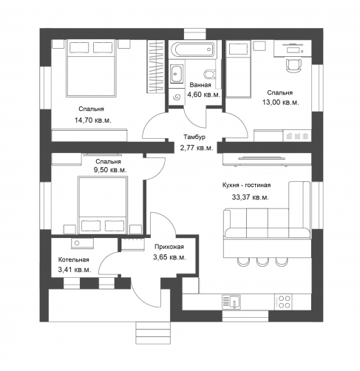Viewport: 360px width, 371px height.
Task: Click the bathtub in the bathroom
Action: (x=192, y=50)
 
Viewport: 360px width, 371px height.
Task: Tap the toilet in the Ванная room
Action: (x=209, y=74)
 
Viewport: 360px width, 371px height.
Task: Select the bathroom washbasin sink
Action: (x=176, y=73)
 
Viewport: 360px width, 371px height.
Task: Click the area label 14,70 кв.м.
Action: (x=93, y=120)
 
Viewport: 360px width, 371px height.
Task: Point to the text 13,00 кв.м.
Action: (x=280, y=102)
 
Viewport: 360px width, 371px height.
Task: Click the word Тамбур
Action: (x=194, y=137)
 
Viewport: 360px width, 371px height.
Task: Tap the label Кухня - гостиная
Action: (x=246, y=185)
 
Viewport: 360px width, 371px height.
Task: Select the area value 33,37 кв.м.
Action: (x=250, y=197)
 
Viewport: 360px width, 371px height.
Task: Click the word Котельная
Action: (x=73, y=259)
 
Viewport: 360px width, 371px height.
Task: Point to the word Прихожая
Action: (x=169, y=247)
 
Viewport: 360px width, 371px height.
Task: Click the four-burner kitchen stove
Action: (x=283, y=302)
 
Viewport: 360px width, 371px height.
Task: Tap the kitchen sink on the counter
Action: (x=231, y=302)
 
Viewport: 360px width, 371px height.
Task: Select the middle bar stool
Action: (x=262, y=262)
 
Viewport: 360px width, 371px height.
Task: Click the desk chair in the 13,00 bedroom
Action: (x=293, y=65)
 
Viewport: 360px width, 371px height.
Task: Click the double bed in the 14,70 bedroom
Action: (x=91, y=68)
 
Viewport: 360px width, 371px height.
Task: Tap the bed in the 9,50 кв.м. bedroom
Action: (x=102, y=205)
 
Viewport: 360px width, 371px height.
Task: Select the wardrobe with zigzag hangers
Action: (x=156, y=67)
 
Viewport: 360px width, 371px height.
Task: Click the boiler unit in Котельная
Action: (x=82, y=243)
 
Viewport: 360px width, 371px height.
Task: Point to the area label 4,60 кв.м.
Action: (x=203, y=95)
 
